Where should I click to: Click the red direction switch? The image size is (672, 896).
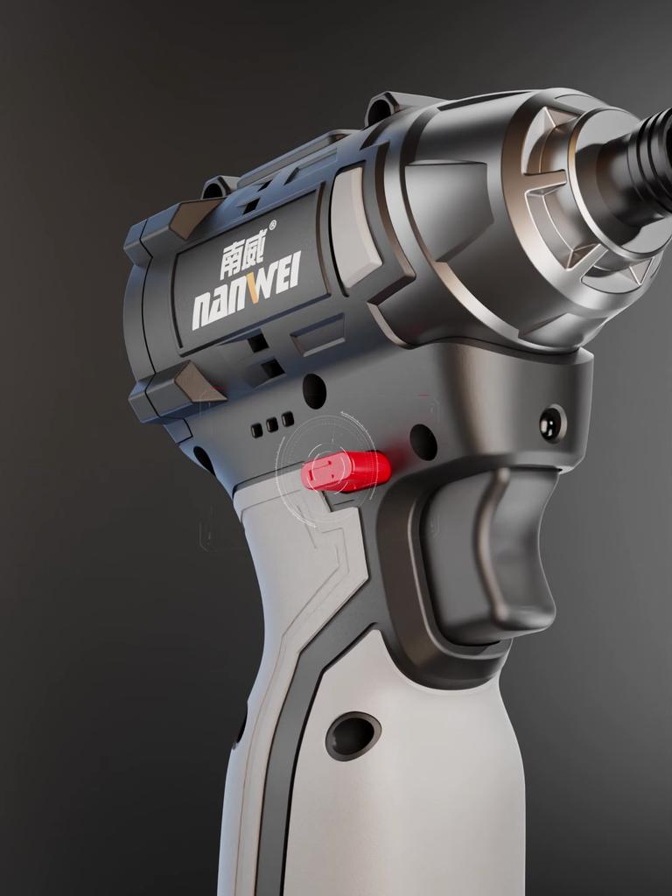click(346, 472)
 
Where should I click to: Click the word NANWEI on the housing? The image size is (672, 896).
click(247, 292)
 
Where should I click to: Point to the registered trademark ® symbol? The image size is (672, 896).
click(272, 226)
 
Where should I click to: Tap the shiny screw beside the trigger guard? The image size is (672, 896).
click(553, 423)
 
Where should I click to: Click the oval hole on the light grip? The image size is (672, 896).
click(353, 736)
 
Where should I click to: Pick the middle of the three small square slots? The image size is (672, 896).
click(273, 424)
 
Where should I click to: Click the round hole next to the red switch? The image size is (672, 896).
click(423, 442)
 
